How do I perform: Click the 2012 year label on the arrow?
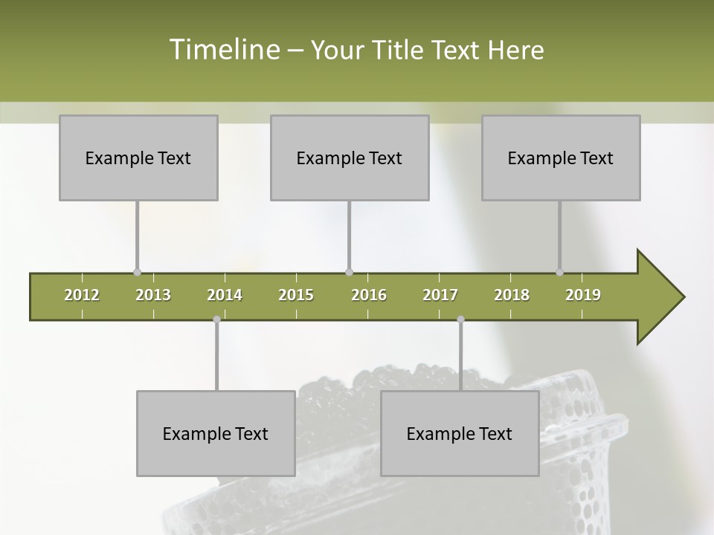point(82,295)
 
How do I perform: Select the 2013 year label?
point(153,295)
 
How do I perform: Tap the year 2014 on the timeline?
point(225,295)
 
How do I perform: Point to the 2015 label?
point(296,295)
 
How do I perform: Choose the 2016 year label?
point(369,295)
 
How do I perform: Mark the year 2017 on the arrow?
point(440,295)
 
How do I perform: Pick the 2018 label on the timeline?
point(512,295)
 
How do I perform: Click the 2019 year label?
point(583,295)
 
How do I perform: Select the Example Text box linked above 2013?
point(138,158)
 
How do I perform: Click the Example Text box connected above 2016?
point(350,158)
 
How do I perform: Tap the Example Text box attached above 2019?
point(561,158)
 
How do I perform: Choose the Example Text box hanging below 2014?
point(216,433)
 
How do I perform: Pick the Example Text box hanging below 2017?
point(460,433)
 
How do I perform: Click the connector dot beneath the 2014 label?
point(216,320)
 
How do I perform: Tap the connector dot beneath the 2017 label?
point(460,320)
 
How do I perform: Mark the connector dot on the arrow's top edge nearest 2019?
point(559,272)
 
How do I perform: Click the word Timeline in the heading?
point(223,50)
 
